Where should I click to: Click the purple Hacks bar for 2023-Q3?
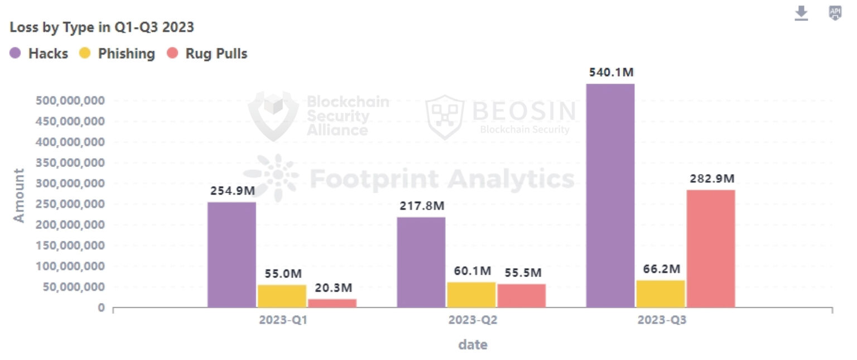pos(610,195)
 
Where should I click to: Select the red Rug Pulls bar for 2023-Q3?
pos(710,248)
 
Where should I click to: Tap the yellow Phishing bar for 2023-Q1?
pos(282,296)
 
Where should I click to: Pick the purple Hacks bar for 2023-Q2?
pos(421,262)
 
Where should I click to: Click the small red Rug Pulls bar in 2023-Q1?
pos(332,303)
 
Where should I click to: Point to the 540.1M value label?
pos(611,73)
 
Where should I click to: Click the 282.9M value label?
pos(712,179)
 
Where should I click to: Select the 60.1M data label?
pos(472,271)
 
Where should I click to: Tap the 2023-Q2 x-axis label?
pos(471,321)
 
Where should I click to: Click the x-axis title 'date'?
pos(473,344)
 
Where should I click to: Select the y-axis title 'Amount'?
pos(20,195)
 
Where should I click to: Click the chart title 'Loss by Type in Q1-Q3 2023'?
pos(102,27)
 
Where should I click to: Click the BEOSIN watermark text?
pos(523,111)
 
